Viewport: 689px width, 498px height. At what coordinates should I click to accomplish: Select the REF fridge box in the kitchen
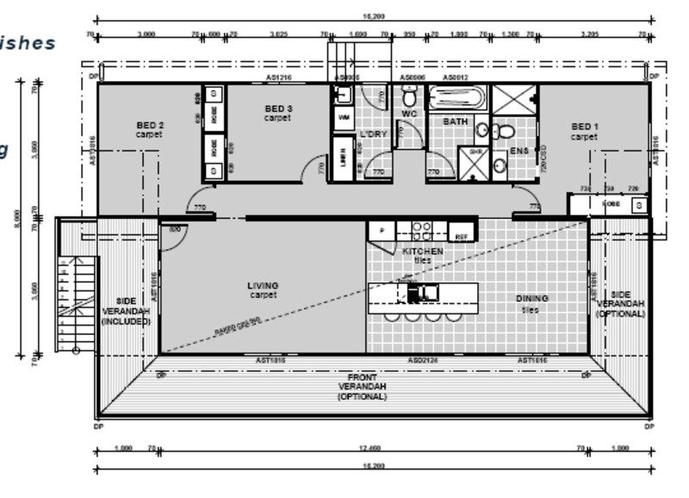point(462,234)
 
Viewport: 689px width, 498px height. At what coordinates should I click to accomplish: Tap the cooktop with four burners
point(421,230)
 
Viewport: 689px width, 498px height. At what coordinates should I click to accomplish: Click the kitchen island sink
point(423,293)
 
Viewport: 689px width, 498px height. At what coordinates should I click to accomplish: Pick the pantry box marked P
point(382,231)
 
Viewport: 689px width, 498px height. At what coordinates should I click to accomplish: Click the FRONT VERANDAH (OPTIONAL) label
point(362,388)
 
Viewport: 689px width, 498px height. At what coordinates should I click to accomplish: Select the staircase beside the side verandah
point(76,303)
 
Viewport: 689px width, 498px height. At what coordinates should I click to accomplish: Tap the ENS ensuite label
point(518,152)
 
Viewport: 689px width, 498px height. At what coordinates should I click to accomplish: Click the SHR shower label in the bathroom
point(475,152)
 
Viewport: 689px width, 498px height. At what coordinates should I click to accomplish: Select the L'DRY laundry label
point(374,135)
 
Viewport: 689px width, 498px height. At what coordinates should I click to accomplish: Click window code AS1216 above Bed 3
point(278,78)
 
